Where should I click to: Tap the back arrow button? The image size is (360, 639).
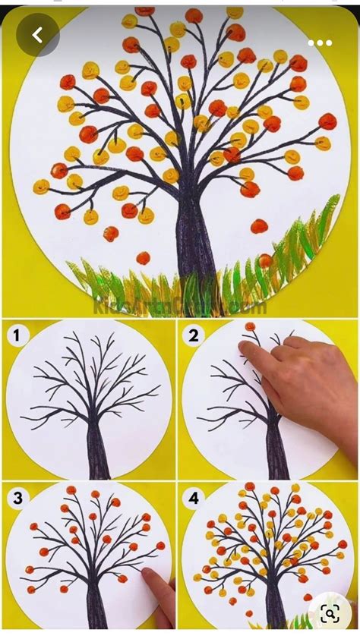point(37,35)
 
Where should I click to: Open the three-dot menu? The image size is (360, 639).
point(320,42)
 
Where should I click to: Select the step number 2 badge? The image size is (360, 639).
point(194,333)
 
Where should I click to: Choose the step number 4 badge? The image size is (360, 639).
point(194,498)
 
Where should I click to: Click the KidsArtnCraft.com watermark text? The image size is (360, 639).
point(179,306)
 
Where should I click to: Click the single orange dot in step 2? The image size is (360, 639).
point(250,326)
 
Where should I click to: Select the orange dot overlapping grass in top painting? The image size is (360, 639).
point(264,260)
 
